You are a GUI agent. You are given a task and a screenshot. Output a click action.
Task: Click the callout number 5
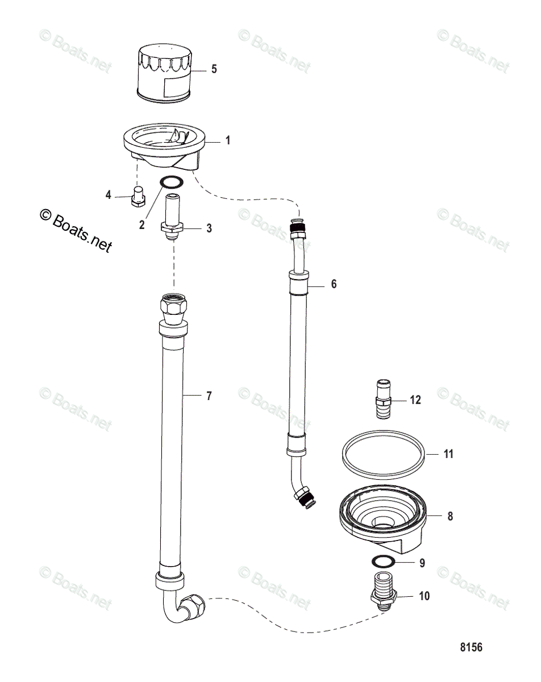214,69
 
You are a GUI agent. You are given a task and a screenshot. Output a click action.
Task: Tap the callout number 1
228,140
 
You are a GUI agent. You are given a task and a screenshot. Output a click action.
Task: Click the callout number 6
334,284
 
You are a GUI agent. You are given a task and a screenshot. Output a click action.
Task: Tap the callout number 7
209,396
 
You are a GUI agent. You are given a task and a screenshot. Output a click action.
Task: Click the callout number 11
448,455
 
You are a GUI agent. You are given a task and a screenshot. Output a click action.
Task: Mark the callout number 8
450,517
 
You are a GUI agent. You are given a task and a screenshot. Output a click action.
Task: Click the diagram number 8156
471,647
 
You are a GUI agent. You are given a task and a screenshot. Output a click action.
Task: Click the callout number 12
415,400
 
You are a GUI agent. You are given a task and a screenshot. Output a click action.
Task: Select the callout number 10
424,596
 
